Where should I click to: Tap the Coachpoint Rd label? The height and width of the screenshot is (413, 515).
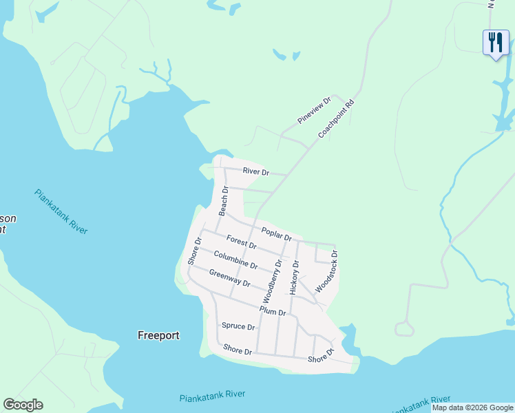pos(336,118)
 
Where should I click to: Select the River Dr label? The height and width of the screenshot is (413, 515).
pos(255,171)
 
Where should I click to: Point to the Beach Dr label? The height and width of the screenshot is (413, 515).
pos(223,200)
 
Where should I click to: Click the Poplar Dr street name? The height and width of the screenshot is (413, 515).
pos(276,234)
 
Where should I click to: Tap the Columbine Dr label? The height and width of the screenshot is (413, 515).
pos(235,260)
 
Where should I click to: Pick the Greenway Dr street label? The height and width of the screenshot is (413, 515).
pos(229,278)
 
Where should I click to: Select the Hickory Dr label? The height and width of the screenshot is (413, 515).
pos(294,277)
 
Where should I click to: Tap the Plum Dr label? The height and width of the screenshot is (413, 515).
pos(273,312)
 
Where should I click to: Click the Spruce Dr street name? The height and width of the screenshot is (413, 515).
pos(238,326)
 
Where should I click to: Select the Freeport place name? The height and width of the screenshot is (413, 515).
pos(158,336)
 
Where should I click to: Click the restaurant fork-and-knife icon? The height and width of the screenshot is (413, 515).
pos(495,43)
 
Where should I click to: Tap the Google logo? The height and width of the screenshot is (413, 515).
pos(23,405)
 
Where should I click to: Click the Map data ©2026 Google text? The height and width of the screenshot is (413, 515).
pos(472,407)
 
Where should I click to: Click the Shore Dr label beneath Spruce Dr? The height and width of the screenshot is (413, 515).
pos(238,350)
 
